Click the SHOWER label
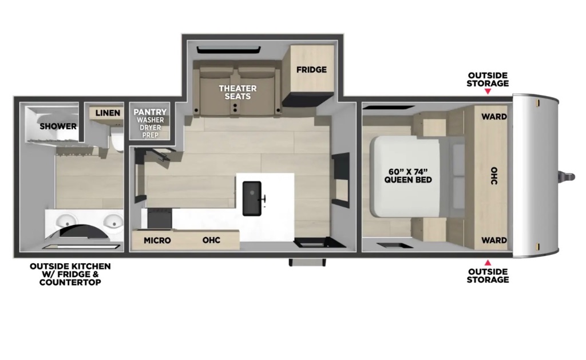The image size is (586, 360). (x=58, y=126)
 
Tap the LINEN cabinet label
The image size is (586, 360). (x=108, y=113)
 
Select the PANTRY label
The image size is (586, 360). (x=150, y=112)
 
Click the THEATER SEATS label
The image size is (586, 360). (x=237, y=92)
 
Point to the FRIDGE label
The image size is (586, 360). (x=311, y=69)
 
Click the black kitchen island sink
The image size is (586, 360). (x=252, y=199)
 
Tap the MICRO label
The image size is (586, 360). (x=157, y=240)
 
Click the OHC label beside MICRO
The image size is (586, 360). (x=211, y=240)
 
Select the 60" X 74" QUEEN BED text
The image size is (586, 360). (x=408, y=176)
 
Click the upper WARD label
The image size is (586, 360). (x=494, y=117)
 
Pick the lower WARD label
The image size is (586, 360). (x=494, y=240)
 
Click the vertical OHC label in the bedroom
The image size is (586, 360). (x=494, y=176)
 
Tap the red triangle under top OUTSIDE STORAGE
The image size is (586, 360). (x=488, y=91)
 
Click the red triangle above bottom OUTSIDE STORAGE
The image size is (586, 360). (x=488, y=263)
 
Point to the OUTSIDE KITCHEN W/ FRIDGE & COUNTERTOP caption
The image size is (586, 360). (x=70, y=274)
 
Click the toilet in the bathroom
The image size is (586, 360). (x=116, y=142)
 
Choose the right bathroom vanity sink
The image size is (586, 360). (x=114, y=221)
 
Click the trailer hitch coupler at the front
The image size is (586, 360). (x=567, y=176)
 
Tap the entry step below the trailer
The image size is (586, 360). (x=307, y=263)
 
